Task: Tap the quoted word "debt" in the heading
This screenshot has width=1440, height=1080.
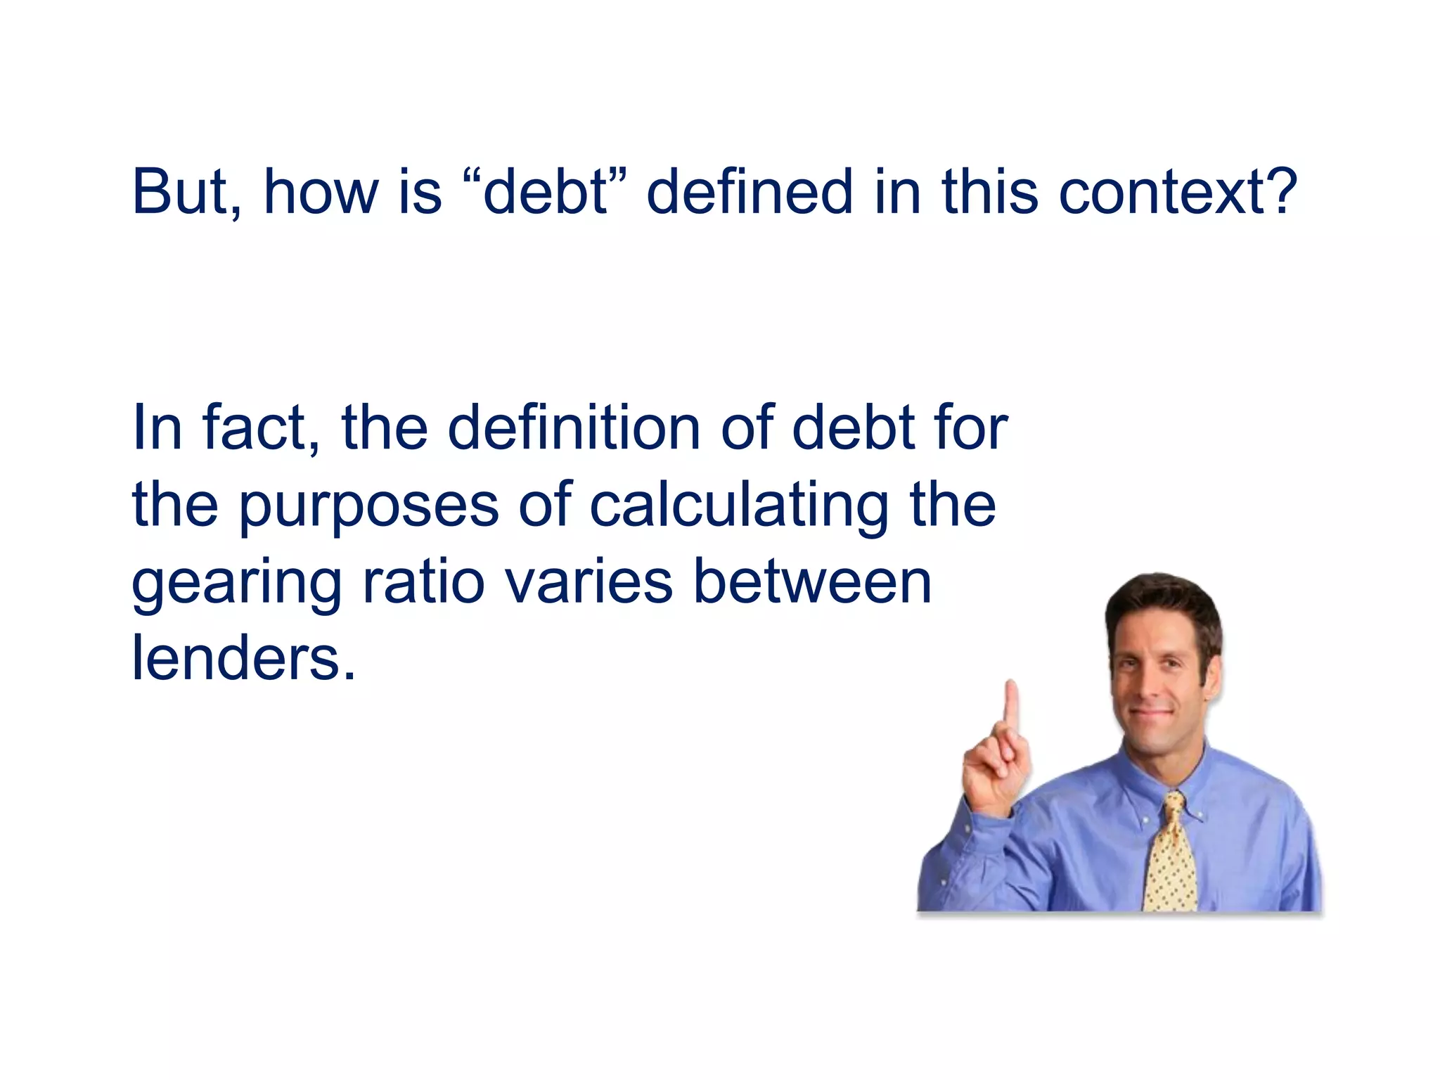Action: pos(546,191)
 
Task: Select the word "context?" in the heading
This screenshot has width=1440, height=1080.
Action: pos(1178,191)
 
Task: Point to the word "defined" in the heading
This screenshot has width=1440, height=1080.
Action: pos(749,191)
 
